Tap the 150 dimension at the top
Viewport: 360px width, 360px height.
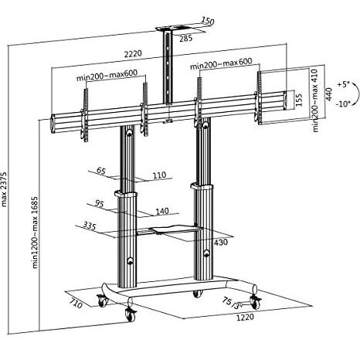pyautogui.click(x=207, y=22)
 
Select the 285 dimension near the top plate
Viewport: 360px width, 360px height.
pyautogui.click(x=186, y=36)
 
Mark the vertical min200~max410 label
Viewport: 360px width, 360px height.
pyautogui.click(x=316, y=100)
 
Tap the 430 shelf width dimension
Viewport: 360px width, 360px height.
pyautogui.click(x=220, y=243)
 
